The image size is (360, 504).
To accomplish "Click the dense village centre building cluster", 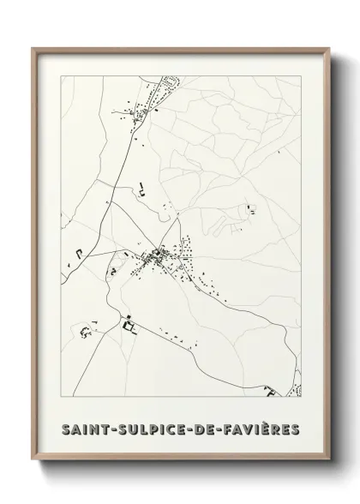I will pos(159,255).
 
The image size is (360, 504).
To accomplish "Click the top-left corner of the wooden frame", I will pos(33,48).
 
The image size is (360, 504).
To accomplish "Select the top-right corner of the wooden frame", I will pos(327,48).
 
